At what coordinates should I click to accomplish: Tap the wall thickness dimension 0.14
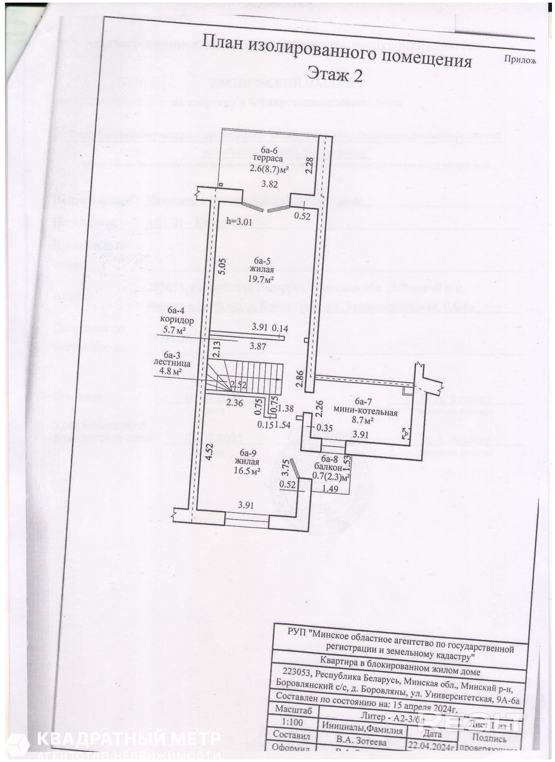(280, 328)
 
